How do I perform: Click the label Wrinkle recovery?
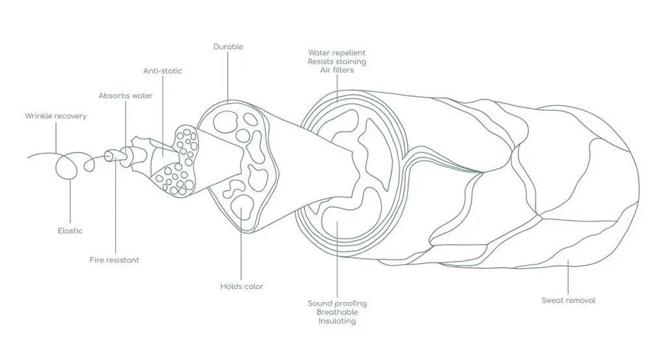pos(56,116)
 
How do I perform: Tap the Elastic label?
pos(70,231)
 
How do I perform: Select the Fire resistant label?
pos(114,260)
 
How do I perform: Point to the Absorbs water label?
pos(126,96)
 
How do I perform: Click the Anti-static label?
pos(162,71)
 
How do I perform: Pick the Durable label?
pos(228,47)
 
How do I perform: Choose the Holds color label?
pos(242,286)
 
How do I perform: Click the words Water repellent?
pos(337,53)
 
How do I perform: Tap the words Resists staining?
pos(337,62)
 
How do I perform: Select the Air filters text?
pos(337,70)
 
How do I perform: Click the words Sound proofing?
pos(337,303)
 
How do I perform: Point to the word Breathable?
pos(337,312)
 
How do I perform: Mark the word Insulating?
pos(337,321)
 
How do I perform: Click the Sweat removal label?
pos(568,301)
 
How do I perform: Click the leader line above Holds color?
pos(241,243)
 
